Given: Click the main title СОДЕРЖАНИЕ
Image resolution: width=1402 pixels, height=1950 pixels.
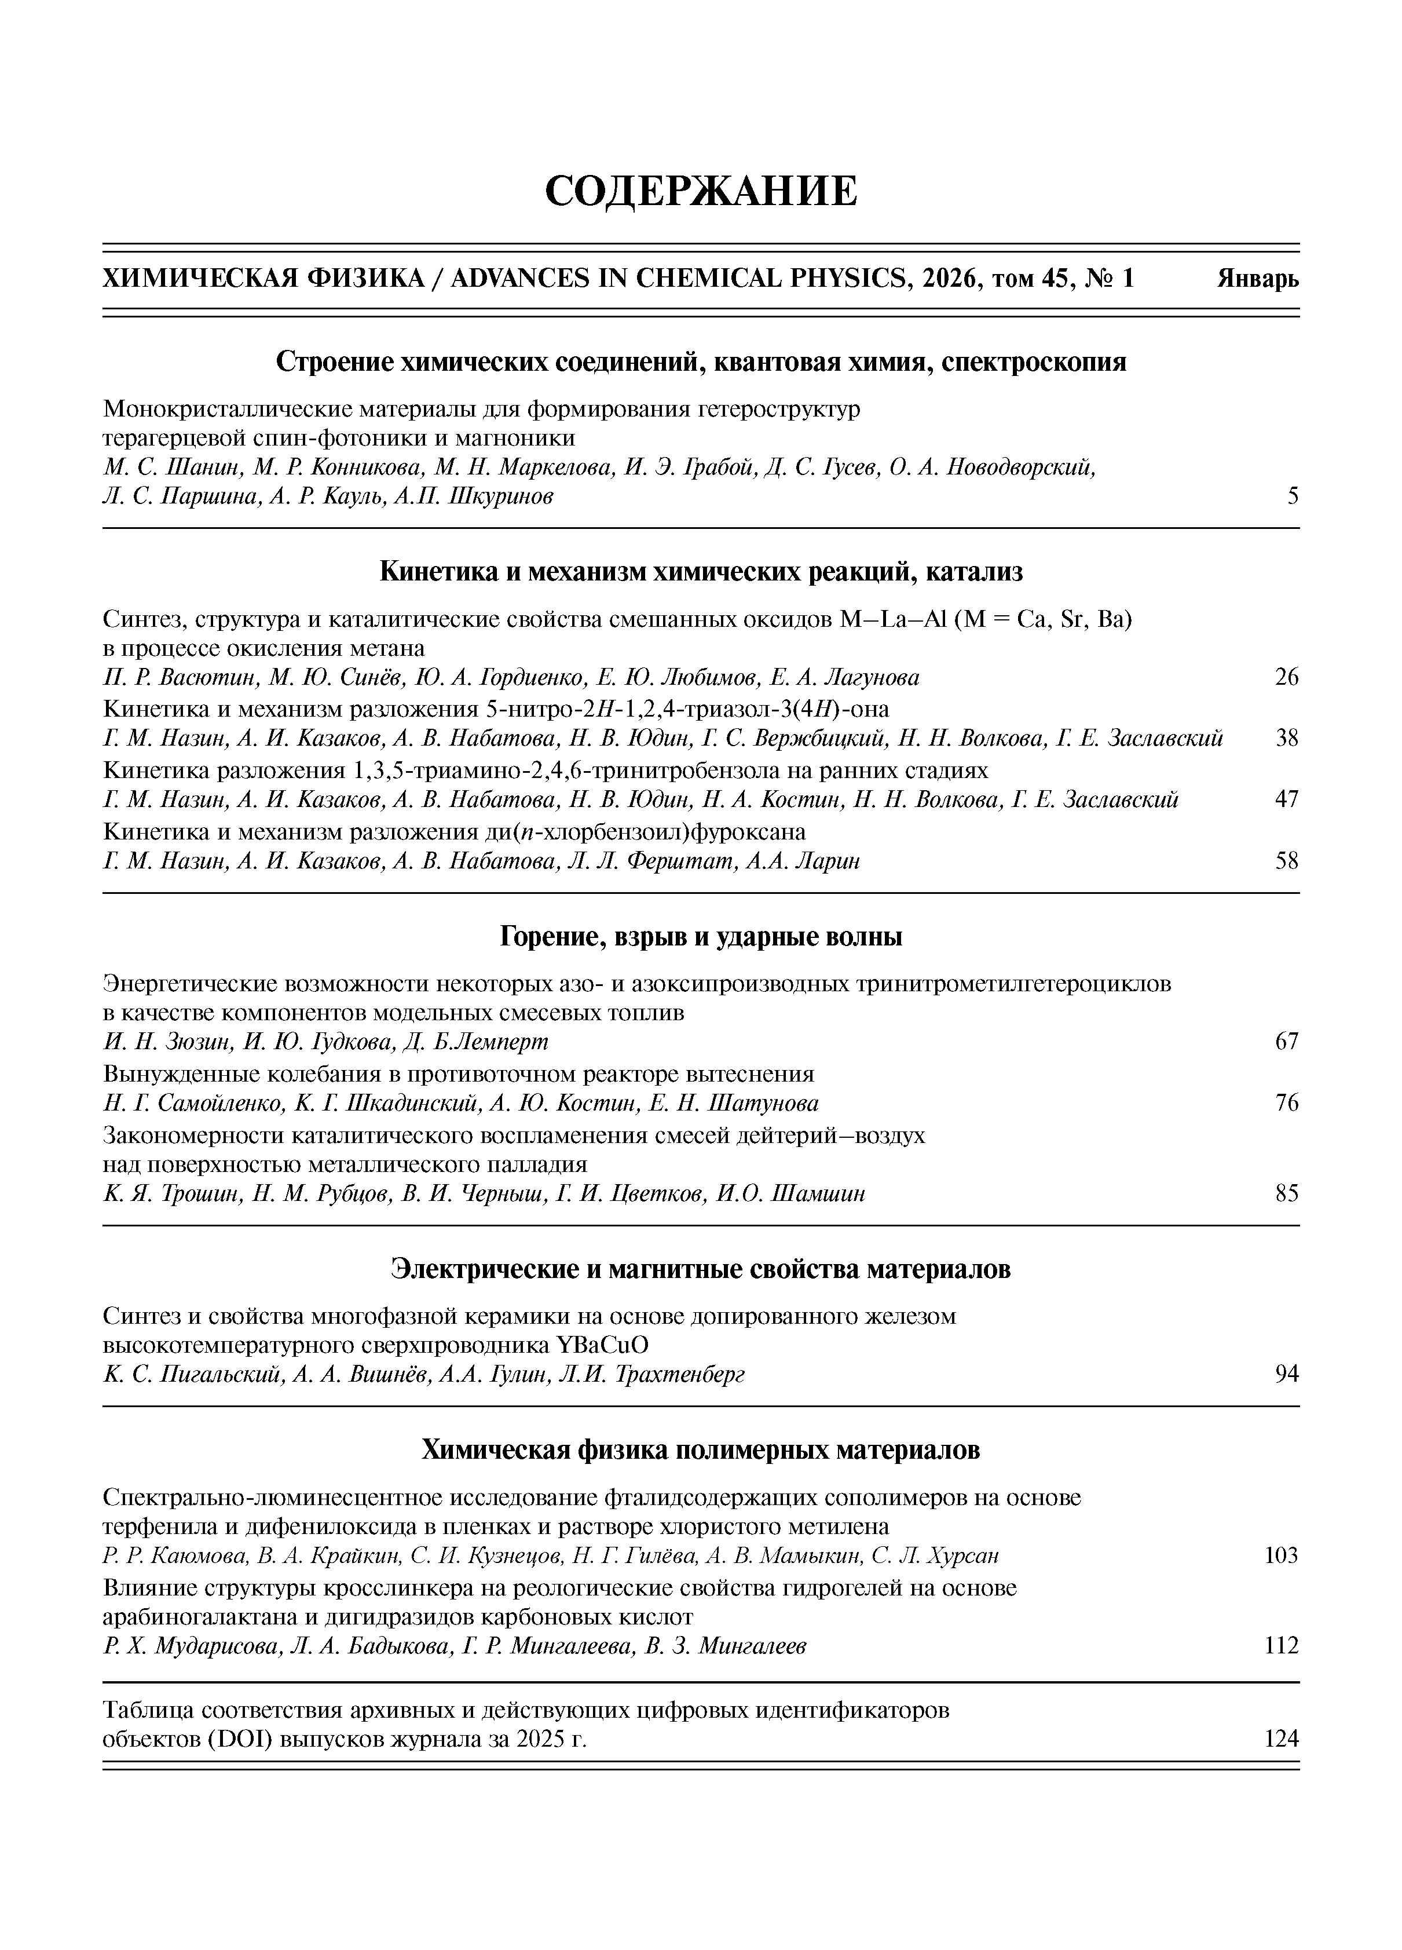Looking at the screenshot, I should coord(701,191).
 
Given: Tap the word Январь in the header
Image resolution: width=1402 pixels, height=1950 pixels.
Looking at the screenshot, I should coord(1258,279).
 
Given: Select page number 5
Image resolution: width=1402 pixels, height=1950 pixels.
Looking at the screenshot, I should coord(1293,496).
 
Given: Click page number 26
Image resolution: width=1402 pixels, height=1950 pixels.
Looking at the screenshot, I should coord(1287,677).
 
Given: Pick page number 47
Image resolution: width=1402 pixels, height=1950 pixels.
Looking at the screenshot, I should coord(1287,799).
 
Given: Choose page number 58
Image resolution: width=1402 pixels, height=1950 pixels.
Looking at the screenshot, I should coord(1287,861).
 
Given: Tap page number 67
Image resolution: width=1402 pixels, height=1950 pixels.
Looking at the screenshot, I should coord(1287,1042).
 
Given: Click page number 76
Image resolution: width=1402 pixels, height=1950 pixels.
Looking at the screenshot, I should coord(1287,1103).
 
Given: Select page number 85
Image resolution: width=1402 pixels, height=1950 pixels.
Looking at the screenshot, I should coord(1287,1193).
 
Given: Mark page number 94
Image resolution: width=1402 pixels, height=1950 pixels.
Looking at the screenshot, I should coord(1287,1375).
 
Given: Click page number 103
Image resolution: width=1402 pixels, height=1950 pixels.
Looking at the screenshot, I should coord(1282,1555).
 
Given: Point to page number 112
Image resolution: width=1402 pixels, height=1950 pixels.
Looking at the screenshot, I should coord(1282,1646).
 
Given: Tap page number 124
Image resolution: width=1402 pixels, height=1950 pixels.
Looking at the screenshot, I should coord(1282,1739).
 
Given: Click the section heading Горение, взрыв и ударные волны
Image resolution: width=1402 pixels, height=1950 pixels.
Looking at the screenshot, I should coord(701,936).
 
